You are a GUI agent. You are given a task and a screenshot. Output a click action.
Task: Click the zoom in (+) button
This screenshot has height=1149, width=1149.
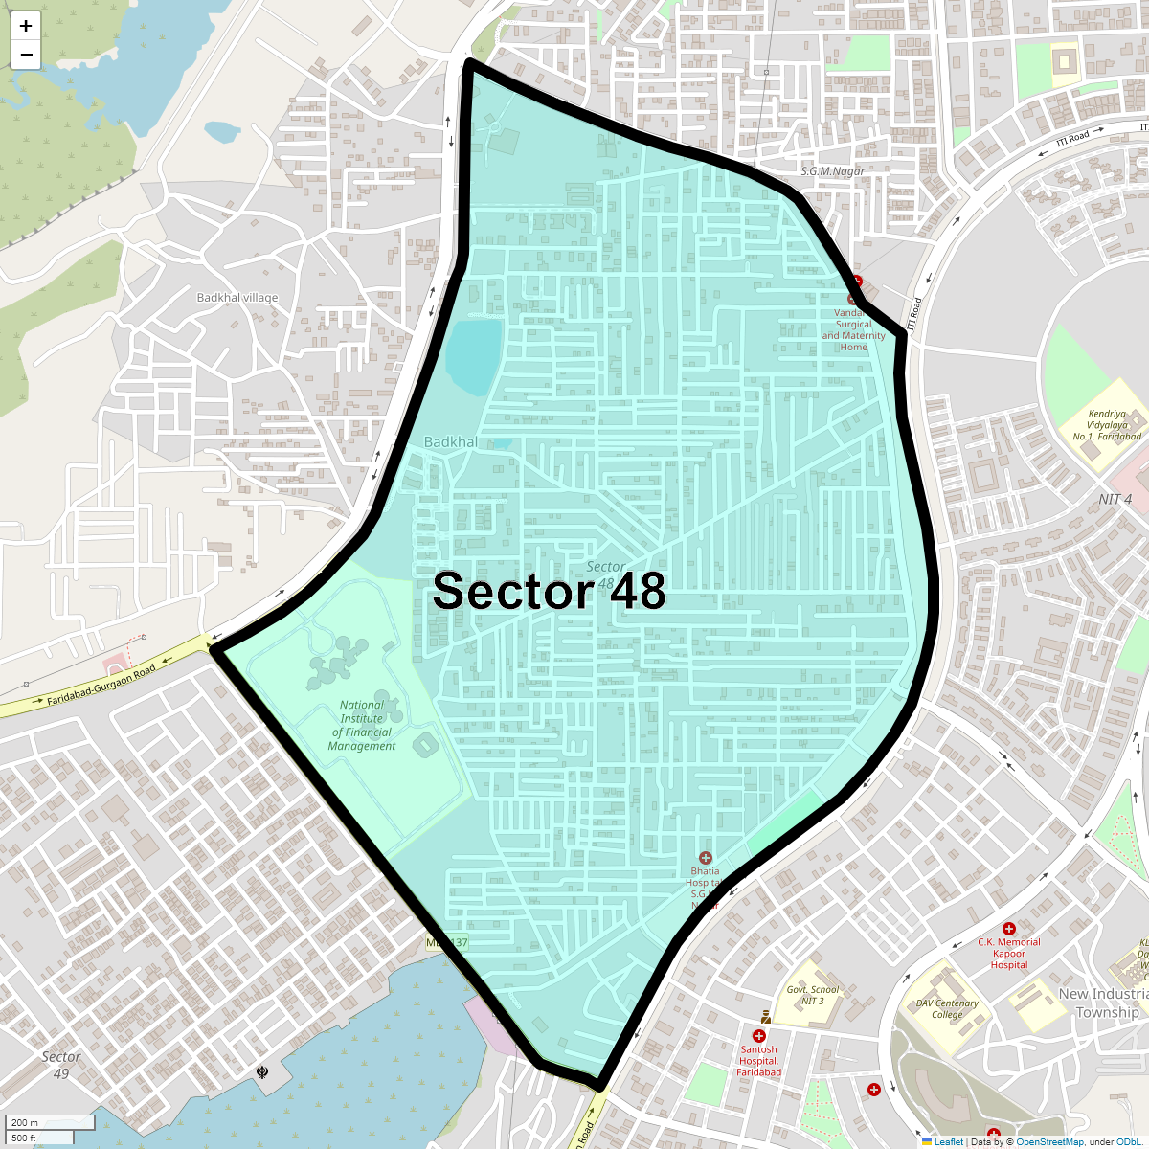click(26, 27)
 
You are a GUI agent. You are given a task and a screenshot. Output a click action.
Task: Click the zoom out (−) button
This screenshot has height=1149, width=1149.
click(26, 55)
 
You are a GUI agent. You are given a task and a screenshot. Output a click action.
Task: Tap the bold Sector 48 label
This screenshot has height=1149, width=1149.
click(549, 592)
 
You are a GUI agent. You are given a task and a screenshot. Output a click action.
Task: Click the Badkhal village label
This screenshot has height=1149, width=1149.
click(237, 298)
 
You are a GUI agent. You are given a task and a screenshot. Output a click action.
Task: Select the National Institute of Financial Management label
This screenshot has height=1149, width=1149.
click(362, 725)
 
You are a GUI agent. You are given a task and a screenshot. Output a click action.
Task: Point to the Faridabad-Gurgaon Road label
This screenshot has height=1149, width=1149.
click(101, 687)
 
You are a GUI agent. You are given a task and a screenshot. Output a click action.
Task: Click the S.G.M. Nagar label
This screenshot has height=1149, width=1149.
click(832, 171)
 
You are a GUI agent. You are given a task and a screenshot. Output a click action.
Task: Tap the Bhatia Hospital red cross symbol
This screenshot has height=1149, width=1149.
click(706, 858)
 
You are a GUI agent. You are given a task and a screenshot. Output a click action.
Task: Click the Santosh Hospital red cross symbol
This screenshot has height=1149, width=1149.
click(759, 1036)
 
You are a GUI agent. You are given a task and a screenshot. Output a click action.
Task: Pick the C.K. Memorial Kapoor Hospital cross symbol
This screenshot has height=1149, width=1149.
click(1009, 929)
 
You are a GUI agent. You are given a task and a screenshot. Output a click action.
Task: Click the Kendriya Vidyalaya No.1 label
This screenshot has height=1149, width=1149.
click(1107, 425)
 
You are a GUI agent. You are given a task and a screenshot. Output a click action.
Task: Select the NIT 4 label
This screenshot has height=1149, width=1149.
click(1115, 499)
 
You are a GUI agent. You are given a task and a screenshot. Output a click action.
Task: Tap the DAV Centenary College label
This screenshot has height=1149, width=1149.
click(947, 1009)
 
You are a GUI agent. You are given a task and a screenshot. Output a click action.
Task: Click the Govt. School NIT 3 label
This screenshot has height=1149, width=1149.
click(812, 996)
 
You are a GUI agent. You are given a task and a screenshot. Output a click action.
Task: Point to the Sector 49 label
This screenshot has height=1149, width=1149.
click(61, 1065)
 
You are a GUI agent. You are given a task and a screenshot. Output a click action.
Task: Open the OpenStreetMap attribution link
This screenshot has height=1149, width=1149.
click(1049, 1141)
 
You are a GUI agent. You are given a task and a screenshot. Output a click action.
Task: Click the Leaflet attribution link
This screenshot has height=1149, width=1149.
click(948, 1141)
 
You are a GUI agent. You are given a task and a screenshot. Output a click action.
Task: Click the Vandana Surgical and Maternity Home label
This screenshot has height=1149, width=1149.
click(853, 330)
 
